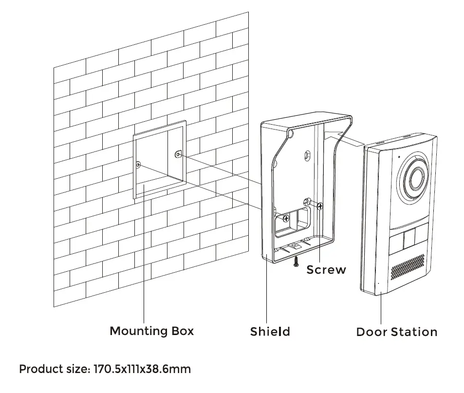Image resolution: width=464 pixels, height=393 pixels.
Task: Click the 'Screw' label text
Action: point(326,269)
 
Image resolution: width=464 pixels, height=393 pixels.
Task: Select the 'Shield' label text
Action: point(270,332)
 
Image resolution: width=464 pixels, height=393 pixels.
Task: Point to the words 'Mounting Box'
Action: point(151,331)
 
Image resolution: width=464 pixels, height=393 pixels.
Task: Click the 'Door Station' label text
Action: point(396,332)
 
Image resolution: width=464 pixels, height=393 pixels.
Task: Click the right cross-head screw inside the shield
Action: point(320,206)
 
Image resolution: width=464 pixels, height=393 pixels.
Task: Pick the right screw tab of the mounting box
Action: point(178,155)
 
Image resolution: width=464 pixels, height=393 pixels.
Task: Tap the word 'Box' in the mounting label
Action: point(182,331)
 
